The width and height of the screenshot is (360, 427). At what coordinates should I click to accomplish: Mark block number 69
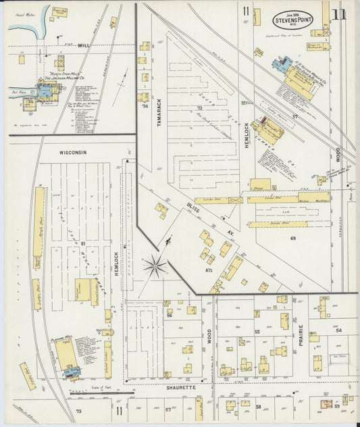click(293, 238)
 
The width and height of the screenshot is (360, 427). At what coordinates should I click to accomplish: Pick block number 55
click(257, 332)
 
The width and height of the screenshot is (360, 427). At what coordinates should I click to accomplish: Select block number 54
click(338, 330)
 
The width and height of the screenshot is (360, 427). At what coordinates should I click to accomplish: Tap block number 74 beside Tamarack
click(144, 106)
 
